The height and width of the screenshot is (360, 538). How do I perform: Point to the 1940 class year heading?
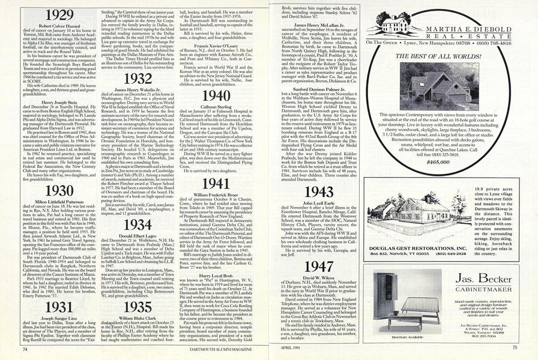click(x=216, y=95)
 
